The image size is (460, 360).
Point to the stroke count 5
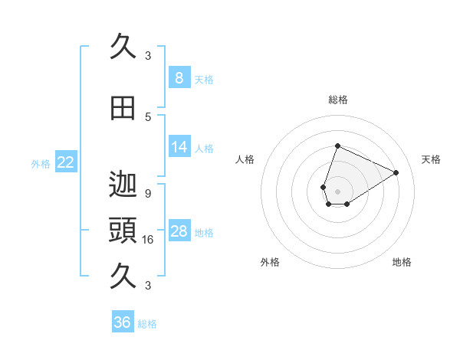(148, 116)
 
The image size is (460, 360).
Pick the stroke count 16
(148, 239)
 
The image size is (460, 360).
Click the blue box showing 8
(179, 78)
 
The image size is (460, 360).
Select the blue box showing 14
(179, 147)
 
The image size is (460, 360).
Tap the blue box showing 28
(179, 231)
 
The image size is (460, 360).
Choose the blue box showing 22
(66, 162)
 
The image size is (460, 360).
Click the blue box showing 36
(123, 322)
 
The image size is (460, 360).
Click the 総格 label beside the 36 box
(147, 324)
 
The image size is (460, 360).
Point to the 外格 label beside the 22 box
(41, 163)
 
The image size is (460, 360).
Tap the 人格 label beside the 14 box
(204, 148)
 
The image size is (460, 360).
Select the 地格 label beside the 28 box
(204, 232)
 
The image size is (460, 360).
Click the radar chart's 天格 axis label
(432, 159)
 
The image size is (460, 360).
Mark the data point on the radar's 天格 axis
(396, 173)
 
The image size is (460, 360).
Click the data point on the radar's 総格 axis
(337, 146)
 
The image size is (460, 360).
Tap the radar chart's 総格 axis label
(337, 100)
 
